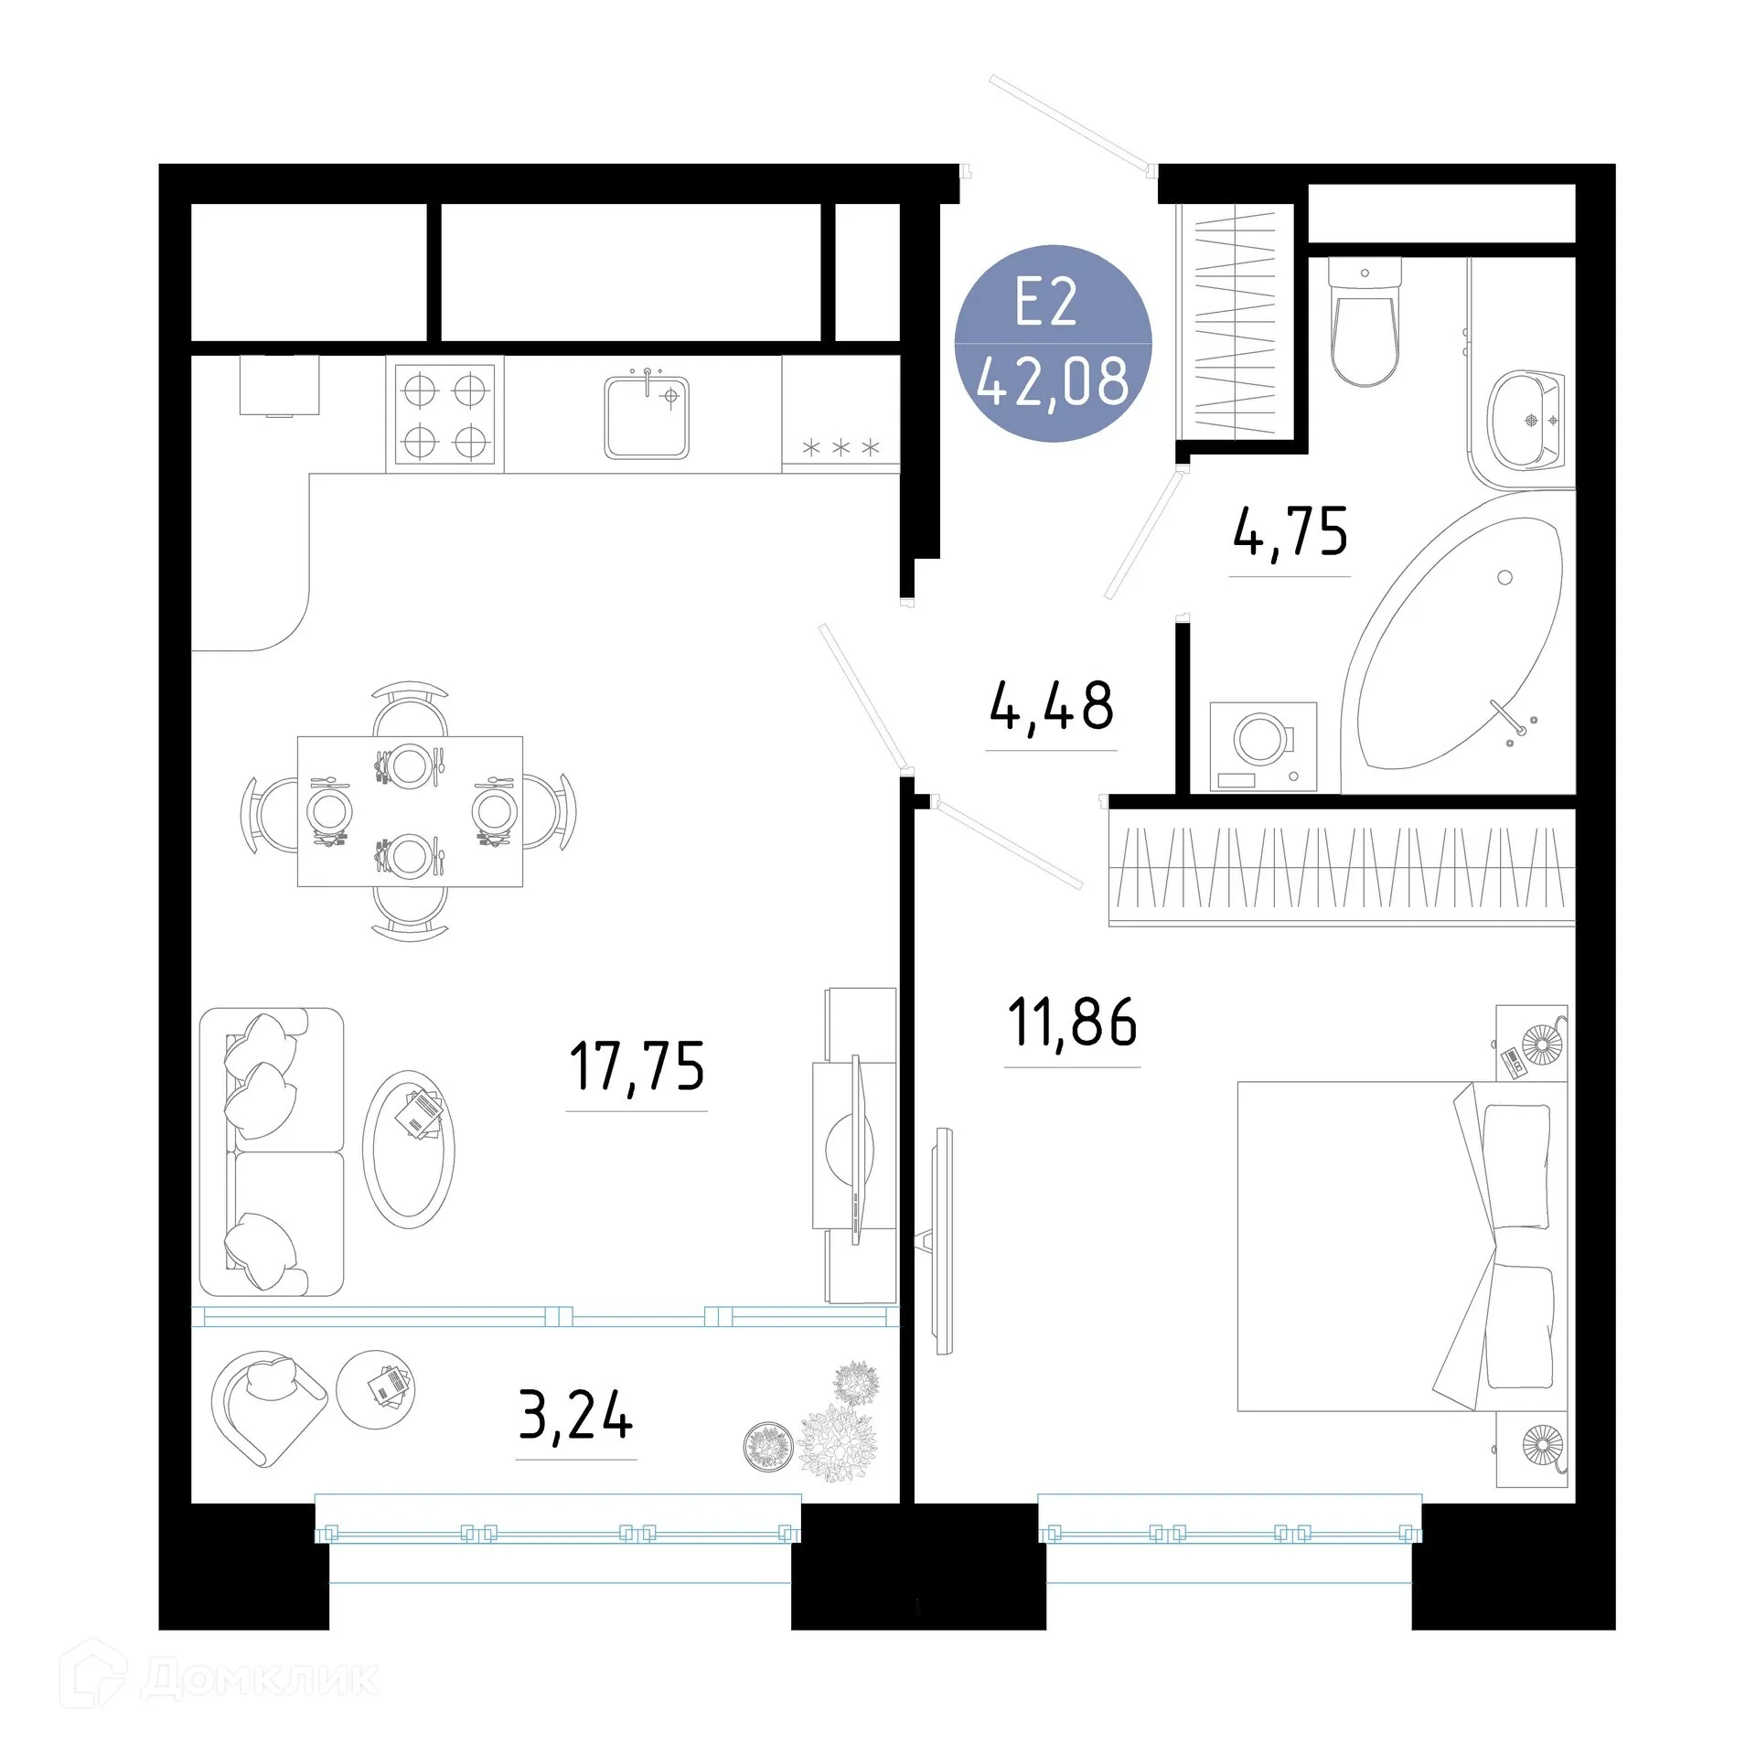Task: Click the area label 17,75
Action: (x=637, y=1066)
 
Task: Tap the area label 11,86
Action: (x=1072, y=1023)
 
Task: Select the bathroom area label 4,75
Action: (x=1290, y=532)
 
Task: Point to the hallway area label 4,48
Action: (x=1052, y=706)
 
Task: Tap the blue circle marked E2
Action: (x=1053, y=343)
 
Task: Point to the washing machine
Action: (x=1263, y=746)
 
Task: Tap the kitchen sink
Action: (x=646, y=417)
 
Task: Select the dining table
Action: (x=410, y=811)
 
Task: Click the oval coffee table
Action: (x=408, y=1149)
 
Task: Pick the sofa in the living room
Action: (x=271, y=1151)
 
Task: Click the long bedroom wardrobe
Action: (x=1341, y=866)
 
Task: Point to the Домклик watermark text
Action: (x=261, y=1677)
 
